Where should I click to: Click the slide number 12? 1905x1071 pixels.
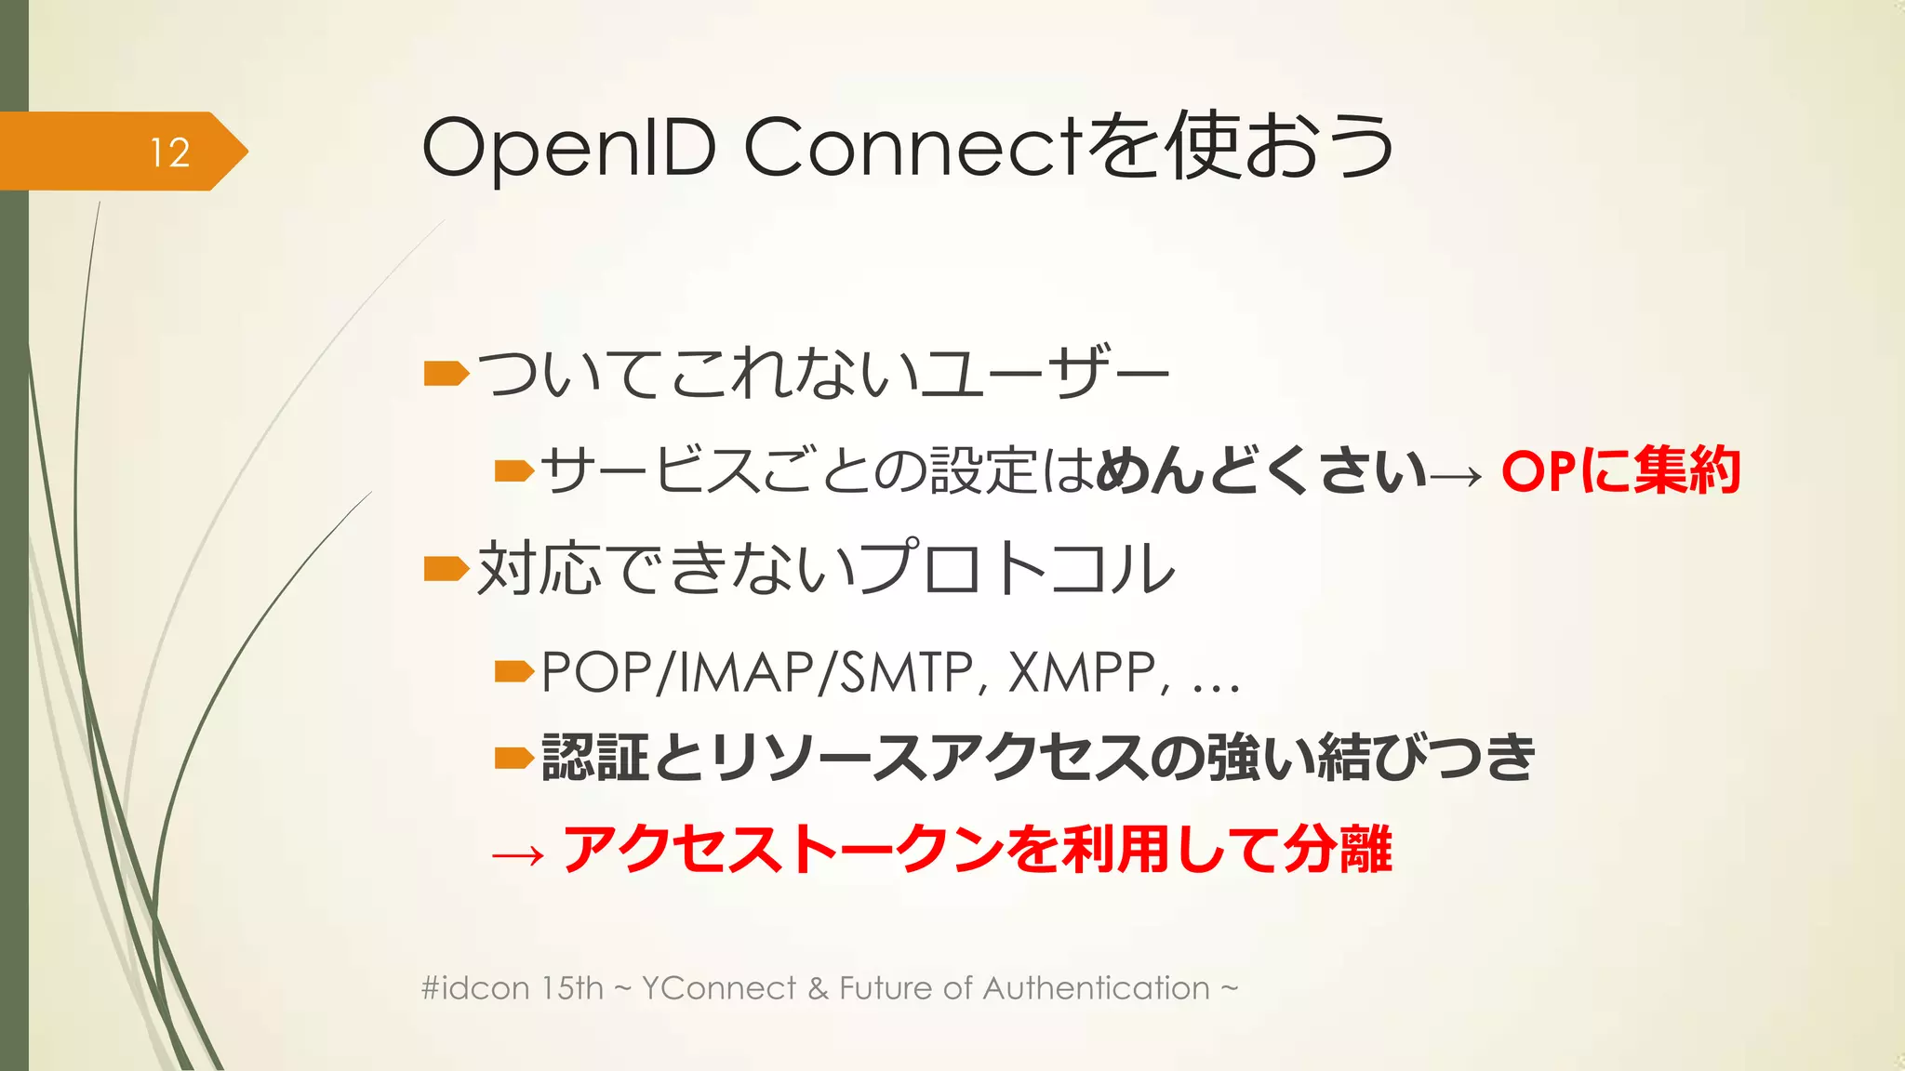point(170,152)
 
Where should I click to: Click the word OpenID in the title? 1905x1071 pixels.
point(568,149)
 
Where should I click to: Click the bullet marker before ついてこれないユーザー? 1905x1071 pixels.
point(446,374)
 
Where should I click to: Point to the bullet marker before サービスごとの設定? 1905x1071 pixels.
point(513,471)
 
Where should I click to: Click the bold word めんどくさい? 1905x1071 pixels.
point(1260,470)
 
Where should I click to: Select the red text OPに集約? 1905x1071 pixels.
point(1619,470)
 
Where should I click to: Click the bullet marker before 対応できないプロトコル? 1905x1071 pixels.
point(446,568)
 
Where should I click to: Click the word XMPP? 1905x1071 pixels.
point(1083,671)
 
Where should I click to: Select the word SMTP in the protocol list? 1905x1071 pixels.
point(906,671)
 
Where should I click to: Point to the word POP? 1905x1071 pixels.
point(595,671)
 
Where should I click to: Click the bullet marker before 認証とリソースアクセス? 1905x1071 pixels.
point(513,759)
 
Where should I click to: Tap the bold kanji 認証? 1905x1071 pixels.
point(594,757)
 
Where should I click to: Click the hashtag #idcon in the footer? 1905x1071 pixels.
point(474,987)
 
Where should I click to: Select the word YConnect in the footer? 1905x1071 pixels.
point(719,987)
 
